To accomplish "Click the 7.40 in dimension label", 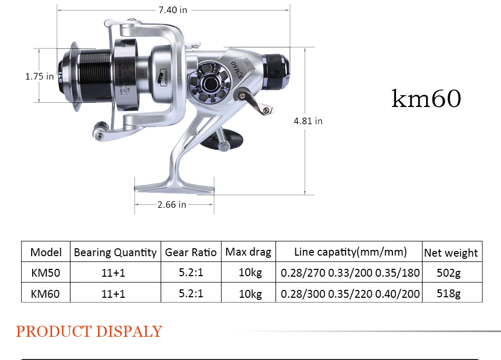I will click(172, 9).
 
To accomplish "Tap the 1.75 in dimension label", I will click(40, 76).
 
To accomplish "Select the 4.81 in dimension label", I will click(308, 121).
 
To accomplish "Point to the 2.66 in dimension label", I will click(171, 205).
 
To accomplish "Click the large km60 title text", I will click(426, 99).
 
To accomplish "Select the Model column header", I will click(46, 252).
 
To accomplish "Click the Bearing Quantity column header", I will click(115, 252).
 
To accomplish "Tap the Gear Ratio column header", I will click(190, 252).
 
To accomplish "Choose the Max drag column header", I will click(248, 252).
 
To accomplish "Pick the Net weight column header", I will click(451, 253).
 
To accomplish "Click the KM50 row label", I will click(45, 273).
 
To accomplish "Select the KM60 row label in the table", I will click(45, 294).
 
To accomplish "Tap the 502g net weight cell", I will click(449, 273).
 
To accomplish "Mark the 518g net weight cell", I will click(449, 293).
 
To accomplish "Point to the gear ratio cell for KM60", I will click(190, 293).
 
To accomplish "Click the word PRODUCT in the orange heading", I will click(53, 332).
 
